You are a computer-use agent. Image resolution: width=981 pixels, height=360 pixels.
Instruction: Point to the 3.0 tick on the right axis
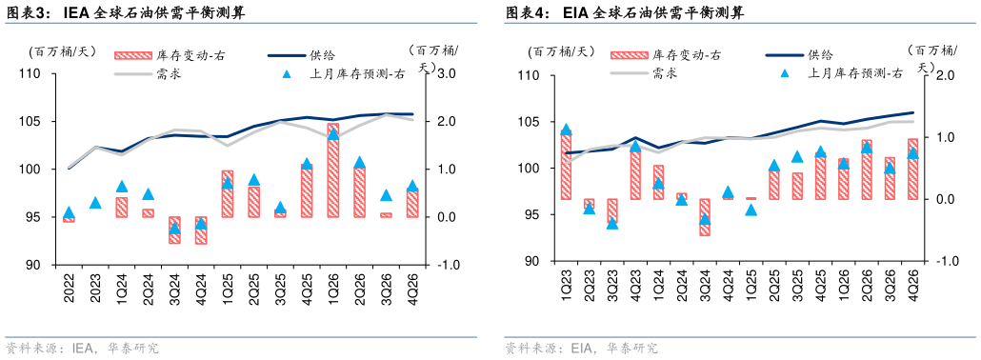pos(449,73)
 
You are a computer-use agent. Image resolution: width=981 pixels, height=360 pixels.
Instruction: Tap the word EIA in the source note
pos(583,348)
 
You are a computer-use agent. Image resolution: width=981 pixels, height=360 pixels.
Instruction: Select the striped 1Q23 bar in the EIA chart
pos(566,167)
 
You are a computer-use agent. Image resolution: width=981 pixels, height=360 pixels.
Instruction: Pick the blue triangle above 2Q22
pos(69,212)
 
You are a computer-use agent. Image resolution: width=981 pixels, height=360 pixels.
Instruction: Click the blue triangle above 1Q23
pos(566,130)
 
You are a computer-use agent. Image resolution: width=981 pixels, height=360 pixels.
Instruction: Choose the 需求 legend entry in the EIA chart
pos(665,73)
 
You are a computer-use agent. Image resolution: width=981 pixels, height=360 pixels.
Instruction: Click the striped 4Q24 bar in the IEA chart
pos(201,230)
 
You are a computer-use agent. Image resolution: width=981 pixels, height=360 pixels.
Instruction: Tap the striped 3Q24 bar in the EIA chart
pos(705,217)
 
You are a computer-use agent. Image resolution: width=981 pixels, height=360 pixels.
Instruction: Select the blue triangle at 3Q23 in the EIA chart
pos(612,223)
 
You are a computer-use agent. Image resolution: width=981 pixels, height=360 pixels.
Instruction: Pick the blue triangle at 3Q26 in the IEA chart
pos(386,195)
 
